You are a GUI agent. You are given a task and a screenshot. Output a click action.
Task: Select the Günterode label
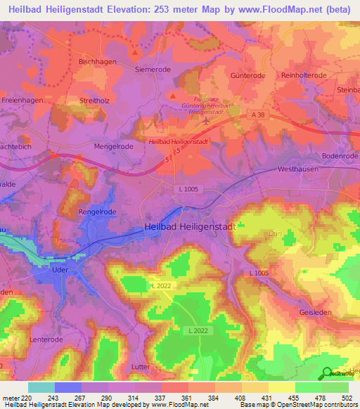coord(247,75)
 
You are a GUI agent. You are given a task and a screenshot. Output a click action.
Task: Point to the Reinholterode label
coord(304,75)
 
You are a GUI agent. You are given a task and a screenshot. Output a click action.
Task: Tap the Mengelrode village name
coord(114,147)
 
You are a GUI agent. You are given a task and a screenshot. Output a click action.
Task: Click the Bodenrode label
coord(339,155)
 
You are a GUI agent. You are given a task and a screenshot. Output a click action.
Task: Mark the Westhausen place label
coord(299,169)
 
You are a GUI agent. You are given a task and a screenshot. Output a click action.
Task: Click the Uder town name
coord(59,268)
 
